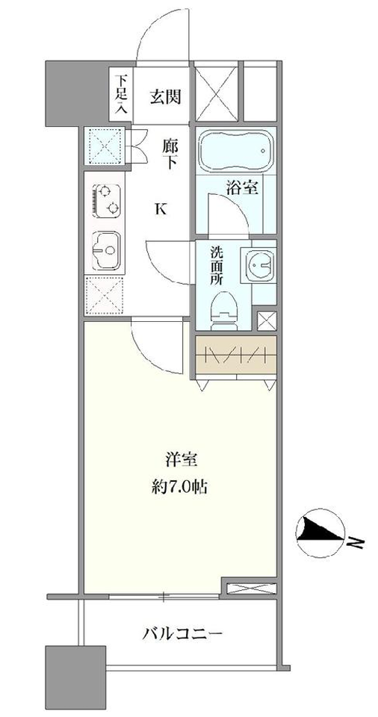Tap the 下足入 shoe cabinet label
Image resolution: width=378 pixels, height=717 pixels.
click(x=121, y=94)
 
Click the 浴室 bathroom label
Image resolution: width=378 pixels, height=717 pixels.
click(x=242, y=188)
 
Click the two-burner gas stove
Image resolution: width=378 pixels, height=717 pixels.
click(x=108, y=202)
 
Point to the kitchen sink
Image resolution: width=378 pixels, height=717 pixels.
click(x=106, y=251)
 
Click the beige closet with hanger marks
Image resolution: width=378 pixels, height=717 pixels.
click(x=236, y=356)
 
